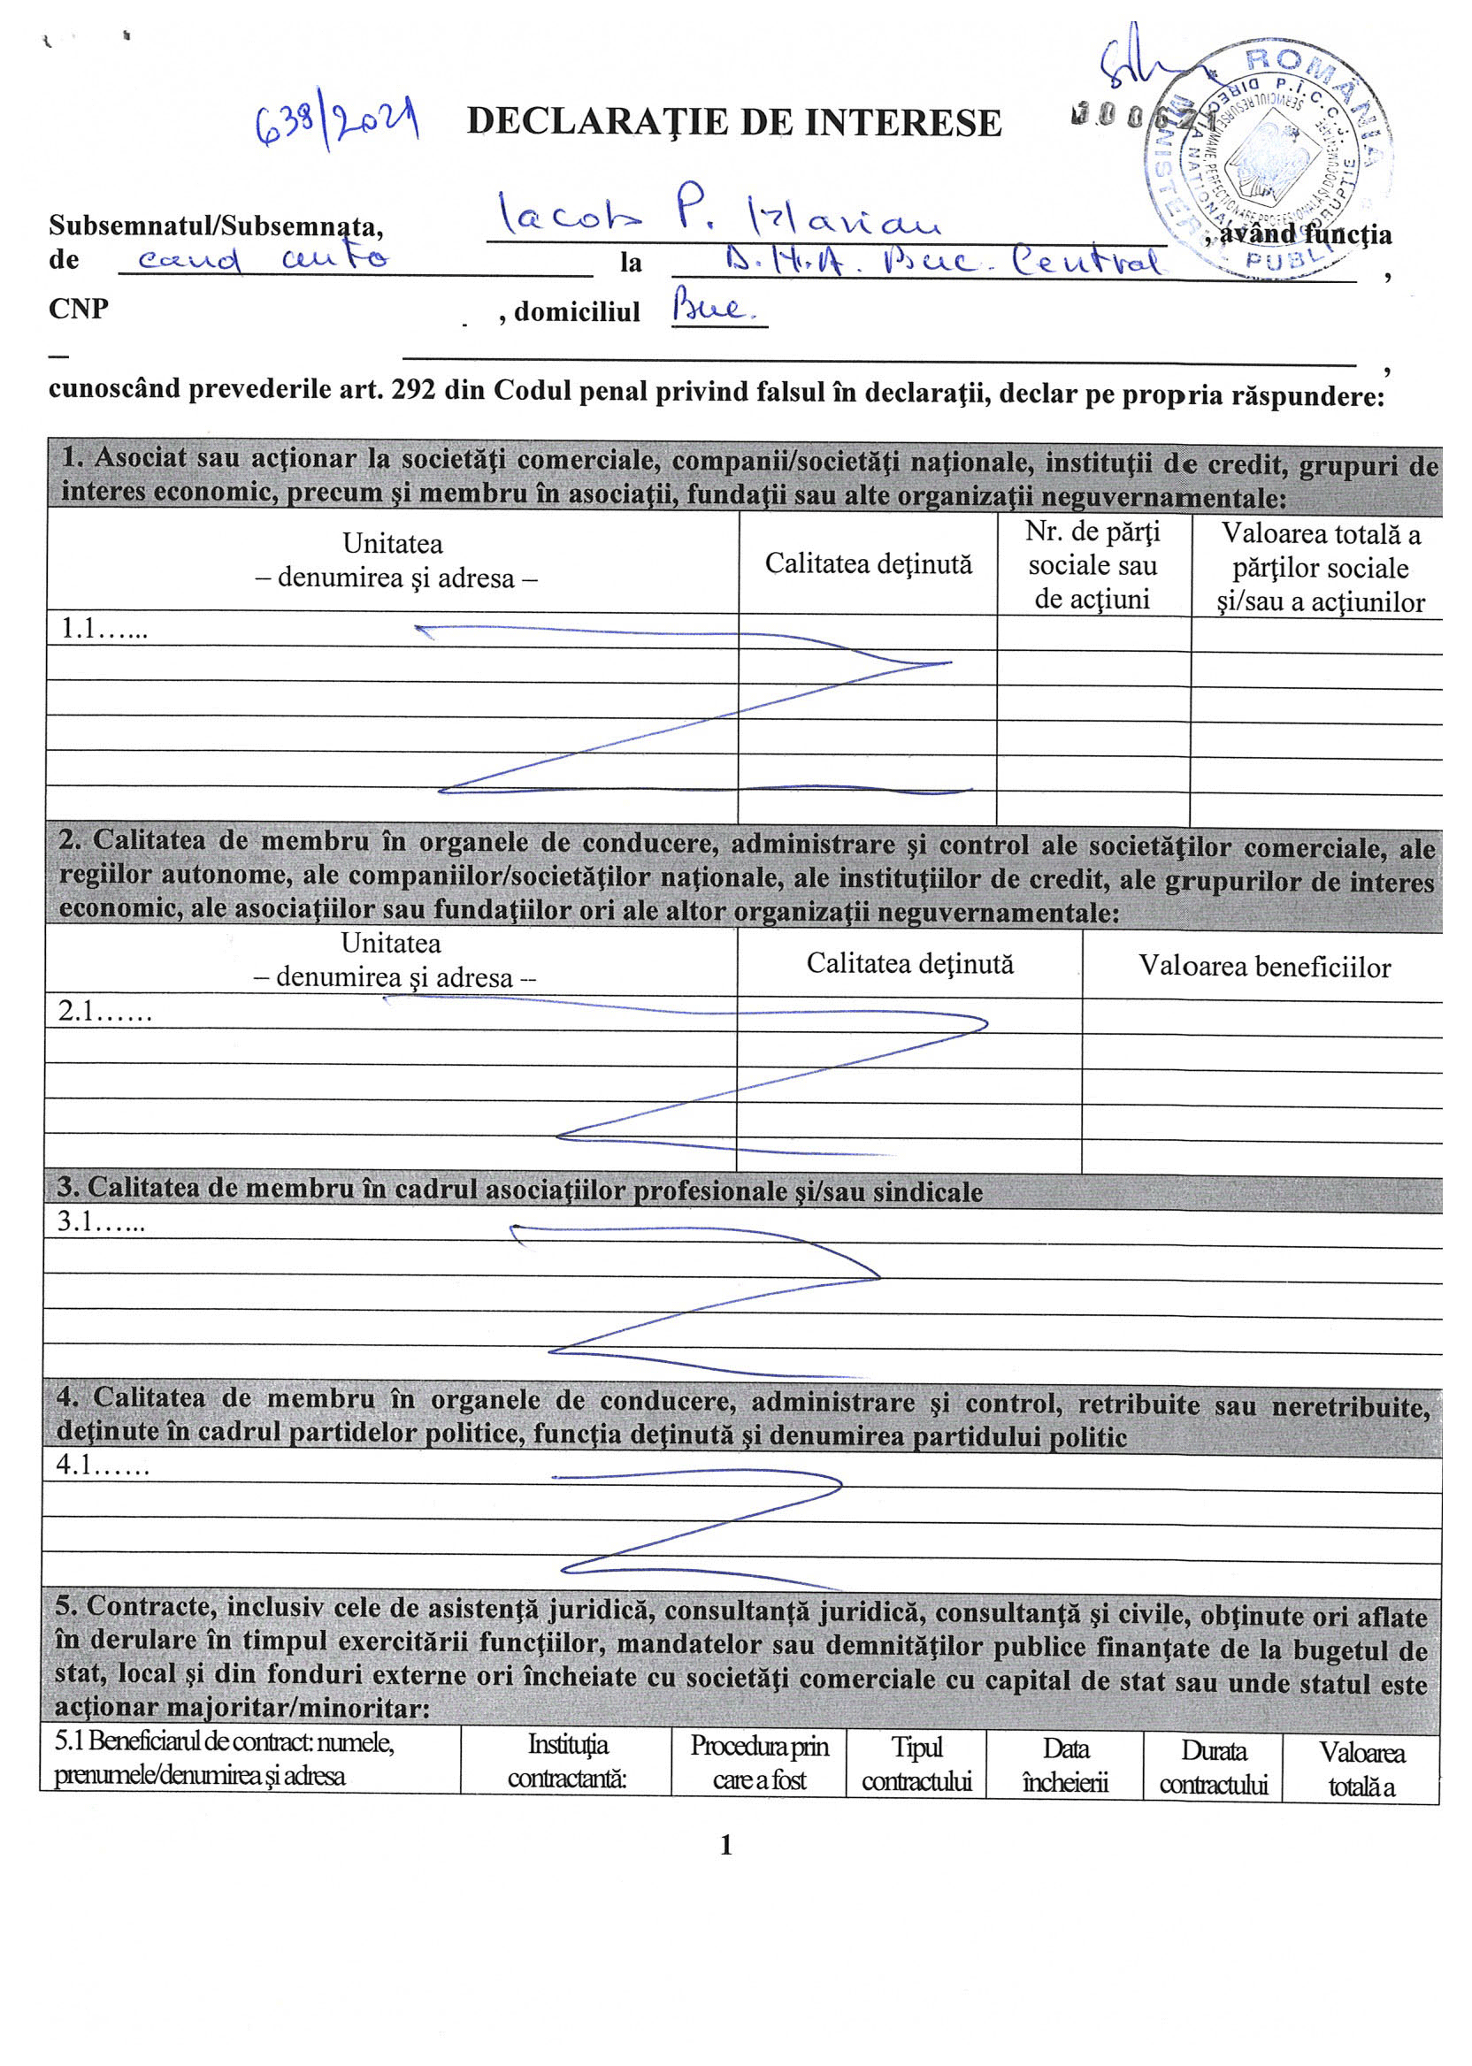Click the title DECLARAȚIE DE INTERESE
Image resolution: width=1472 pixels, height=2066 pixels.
[734, 122]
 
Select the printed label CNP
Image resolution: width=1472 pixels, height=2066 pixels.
[79, 309]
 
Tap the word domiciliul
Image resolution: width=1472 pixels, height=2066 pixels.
[577, 311]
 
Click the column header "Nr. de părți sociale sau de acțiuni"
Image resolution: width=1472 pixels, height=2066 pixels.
[1092, 565]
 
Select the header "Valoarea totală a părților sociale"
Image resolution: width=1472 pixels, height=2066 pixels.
[1320, 568]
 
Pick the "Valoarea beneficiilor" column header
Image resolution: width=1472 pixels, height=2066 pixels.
[1263, 967]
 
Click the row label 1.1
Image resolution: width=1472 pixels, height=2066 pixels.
[103, 630]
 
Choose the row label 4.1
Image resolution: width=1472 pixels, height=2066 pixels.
[103, 1465]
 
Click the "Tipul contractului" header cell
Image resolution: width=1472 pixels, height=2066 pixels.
[916, 1764]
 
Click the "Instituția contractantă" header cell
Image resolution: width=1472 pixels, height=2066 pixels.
[567, 1761]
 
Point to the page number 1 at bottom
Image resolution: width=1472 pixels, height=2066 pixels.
[726, 1845]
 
